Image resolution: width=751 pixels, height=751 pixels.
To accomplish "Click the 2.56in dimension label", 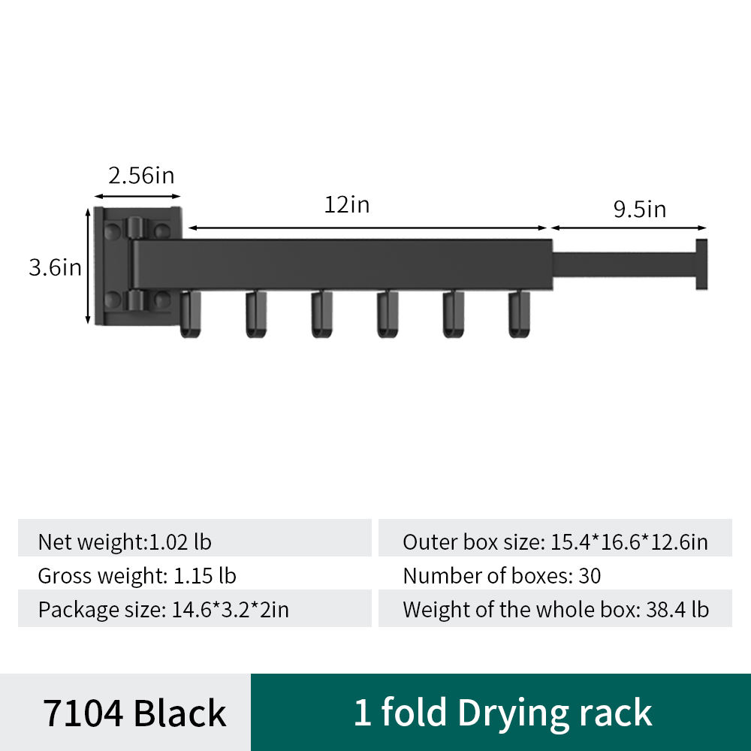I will (141, 176).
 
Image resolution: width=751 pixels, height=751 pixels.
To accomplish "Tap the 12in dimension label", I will (347, 204).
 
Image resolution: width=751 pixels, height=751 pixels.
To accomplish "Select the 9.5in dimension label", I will (640, 209).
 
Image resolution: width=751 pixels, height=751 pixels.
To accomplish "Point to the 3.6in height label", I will (55, 267).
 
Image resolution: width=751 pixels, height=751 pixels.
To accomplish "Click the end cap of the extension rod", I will (701, 264).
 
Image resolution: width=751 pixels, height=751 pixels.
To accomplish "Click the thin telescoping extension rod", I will (623, 265).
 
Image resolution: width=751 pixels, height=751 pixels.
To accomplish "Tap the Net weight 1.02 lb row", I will (125, 541).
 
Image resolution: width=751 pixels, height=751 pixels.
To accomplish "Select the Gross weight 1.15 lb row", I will (137, 576).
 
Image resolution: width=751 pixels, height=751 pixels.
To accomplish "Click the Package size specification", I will (163, 609).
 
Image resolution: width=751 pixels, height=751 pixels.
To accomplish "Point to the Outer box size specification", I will (555, 541).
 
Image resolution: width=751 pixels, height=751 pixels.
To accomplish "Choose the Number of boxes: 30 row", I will (502, 576).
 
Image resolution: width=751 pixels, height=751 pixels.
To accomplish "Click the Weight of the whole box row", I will (555, 609).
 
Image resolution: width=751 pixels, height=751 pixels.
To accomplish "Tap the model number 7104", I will (83, 713).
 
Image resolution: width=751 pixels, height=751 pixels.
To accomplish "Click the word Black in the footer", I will (179, 713).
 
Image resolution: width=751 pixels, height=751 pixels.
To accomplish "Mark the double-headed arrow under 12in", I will (368, 227).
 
